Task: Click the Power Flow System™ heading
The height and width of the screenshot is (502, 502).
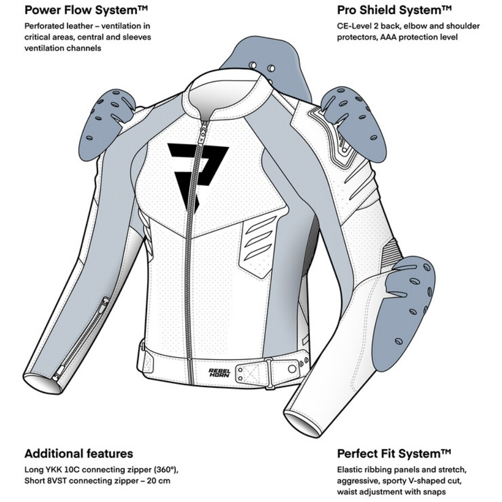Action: (86, 10)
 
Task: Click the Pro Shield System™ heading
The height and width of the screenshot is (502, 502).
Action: (394, 10)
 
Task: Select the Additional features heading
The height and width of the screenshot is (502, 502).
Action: (79, 454)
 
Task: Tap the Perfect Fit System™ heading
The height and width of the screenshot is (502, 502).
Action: (394, 454)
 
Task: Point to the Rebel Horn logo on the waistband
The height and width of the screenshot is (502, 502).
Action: (219, 372)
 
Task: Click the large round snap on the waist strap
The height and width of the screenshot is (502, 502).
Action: (292, 369)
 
